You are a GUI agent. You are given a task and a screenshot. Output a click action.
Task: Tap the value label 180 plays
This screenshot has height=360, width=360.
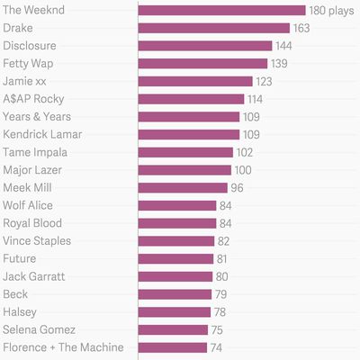pos(331,11)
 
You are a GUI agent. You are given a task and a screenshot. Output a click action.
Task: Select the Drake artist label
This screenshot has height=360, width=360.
pos(18,28)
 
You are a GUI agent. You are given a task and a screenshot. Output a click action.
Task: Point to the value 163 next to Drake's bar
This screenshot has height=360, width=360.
pos(302,29)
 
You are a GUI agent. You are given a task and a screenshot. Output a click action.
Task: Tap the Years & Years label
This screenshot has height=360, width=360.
pos(37,117)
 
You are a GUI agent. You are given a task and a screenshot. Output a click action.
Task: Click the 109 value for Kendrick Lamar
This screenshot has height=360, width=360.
pos(253,135)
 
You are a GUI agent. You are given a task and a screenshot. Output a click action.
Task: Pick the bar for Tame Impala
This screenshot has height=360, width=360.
pos(185,152)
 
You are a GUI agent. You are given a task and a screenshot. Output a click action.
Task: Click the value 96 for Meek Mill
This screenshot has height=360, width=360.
pos(238,188)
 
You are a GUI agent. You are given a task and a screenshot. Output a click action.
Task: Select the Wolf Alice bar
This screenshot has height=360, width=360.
pos(177,205)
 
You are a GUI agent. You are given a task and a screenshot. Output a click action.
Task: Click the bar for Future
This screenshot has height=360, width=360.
pos(175,258)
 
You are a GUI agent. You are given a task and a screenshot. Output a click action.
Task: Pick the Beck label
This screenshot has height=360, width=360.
pos(16,294)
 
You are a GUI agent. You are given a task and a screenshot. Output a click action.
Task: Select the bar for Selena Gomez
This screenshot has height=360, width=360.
pos(173,329)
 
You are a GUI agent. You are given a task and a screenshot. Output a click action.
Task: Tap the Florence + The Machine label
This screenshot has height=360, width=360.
pos(63,347)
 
